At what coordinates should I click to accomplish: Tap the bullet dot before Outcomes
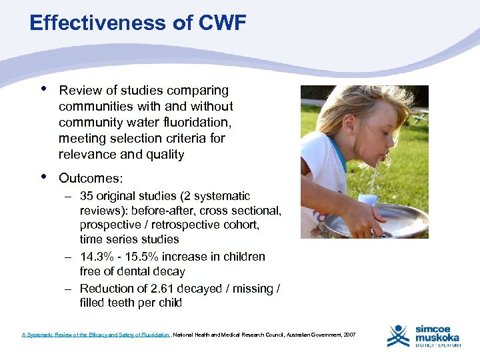pyautogui.click(x=43, y=177)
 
